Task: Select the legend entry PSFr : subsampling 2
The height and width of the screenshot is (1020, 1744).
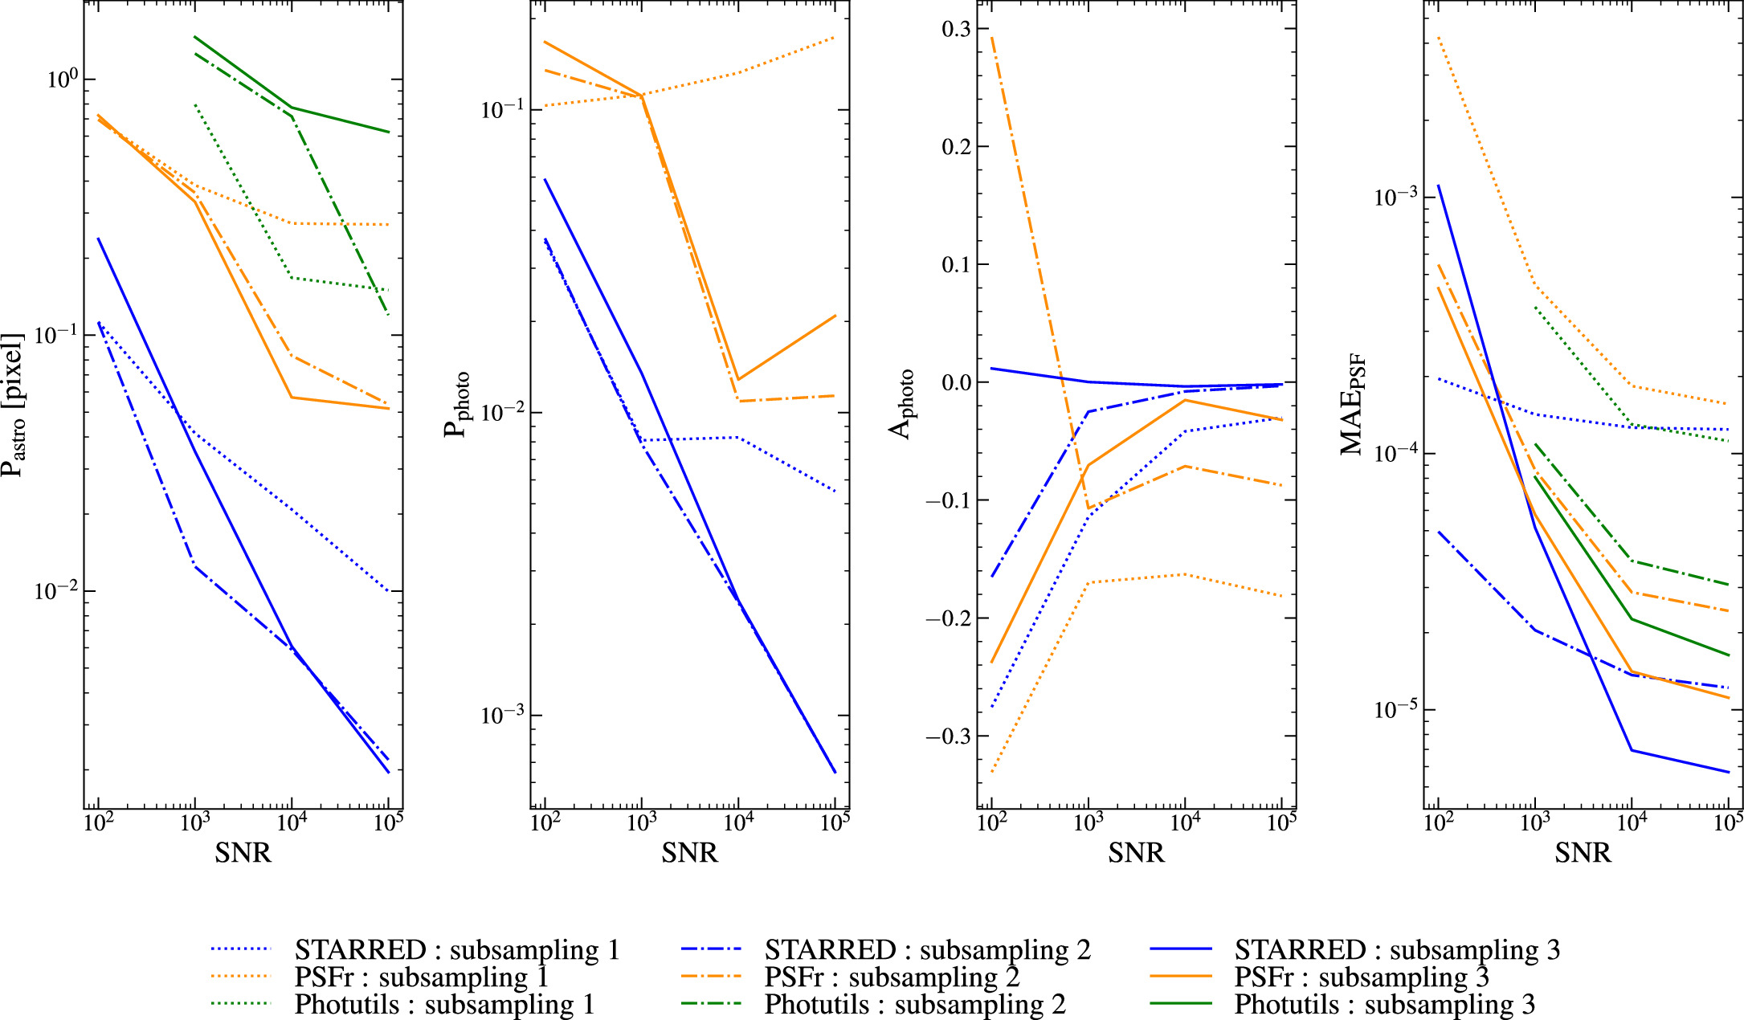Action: (x=892, y=977)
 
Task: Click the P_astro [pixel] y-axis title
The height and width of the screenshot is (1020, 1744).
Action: (x=13, y=404)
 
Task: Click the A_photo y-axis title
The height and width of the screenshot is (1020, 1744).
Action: (x=902, y=404)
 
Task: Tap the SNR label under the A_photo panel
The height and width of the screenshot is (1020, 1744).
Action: (x=1136, y=853)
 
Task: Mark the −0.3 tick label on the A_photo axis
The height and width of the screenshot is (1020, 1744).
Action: (x=948, y=736)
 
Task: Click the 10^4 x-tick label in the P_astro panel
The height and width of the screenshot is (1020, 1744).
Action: (x=292, y=822)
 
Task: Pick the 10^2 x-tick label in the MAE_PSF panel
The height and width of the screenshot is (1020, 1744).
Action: (x=1439, y=822)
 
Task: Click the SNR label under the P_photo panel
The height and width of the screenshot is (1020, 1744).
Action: (x=689, y=853)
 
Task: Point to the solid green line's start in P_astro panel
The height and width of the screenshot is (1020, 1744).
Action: (x=195, y=37)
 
